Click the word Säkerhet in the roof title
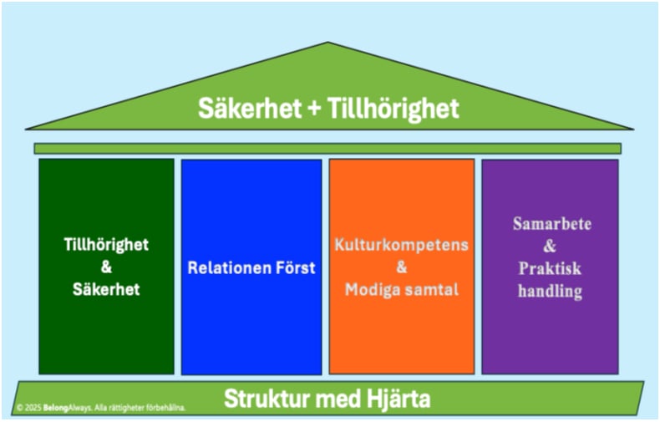(x=247, y=109)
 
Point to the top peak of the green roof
(x=327, y=43)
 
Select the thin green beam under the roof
(x=327, y=149)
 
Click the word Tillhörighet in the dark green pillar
(x=106, y=245)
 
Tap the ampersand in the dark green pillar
(x=106, y=267)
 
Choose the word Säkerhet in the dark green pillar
(x=106, y=290)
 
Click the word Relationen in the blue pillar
(x=227, y=268)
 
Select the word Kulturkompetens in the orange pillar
(x=402, y=246)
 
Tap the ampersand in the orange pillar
(x=402, y=267)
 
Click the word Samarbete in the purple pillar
(x=549, y=226)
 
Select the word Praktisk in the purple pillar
(x=549, y=269)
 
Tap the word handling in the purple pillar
(x=549, y=291)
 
